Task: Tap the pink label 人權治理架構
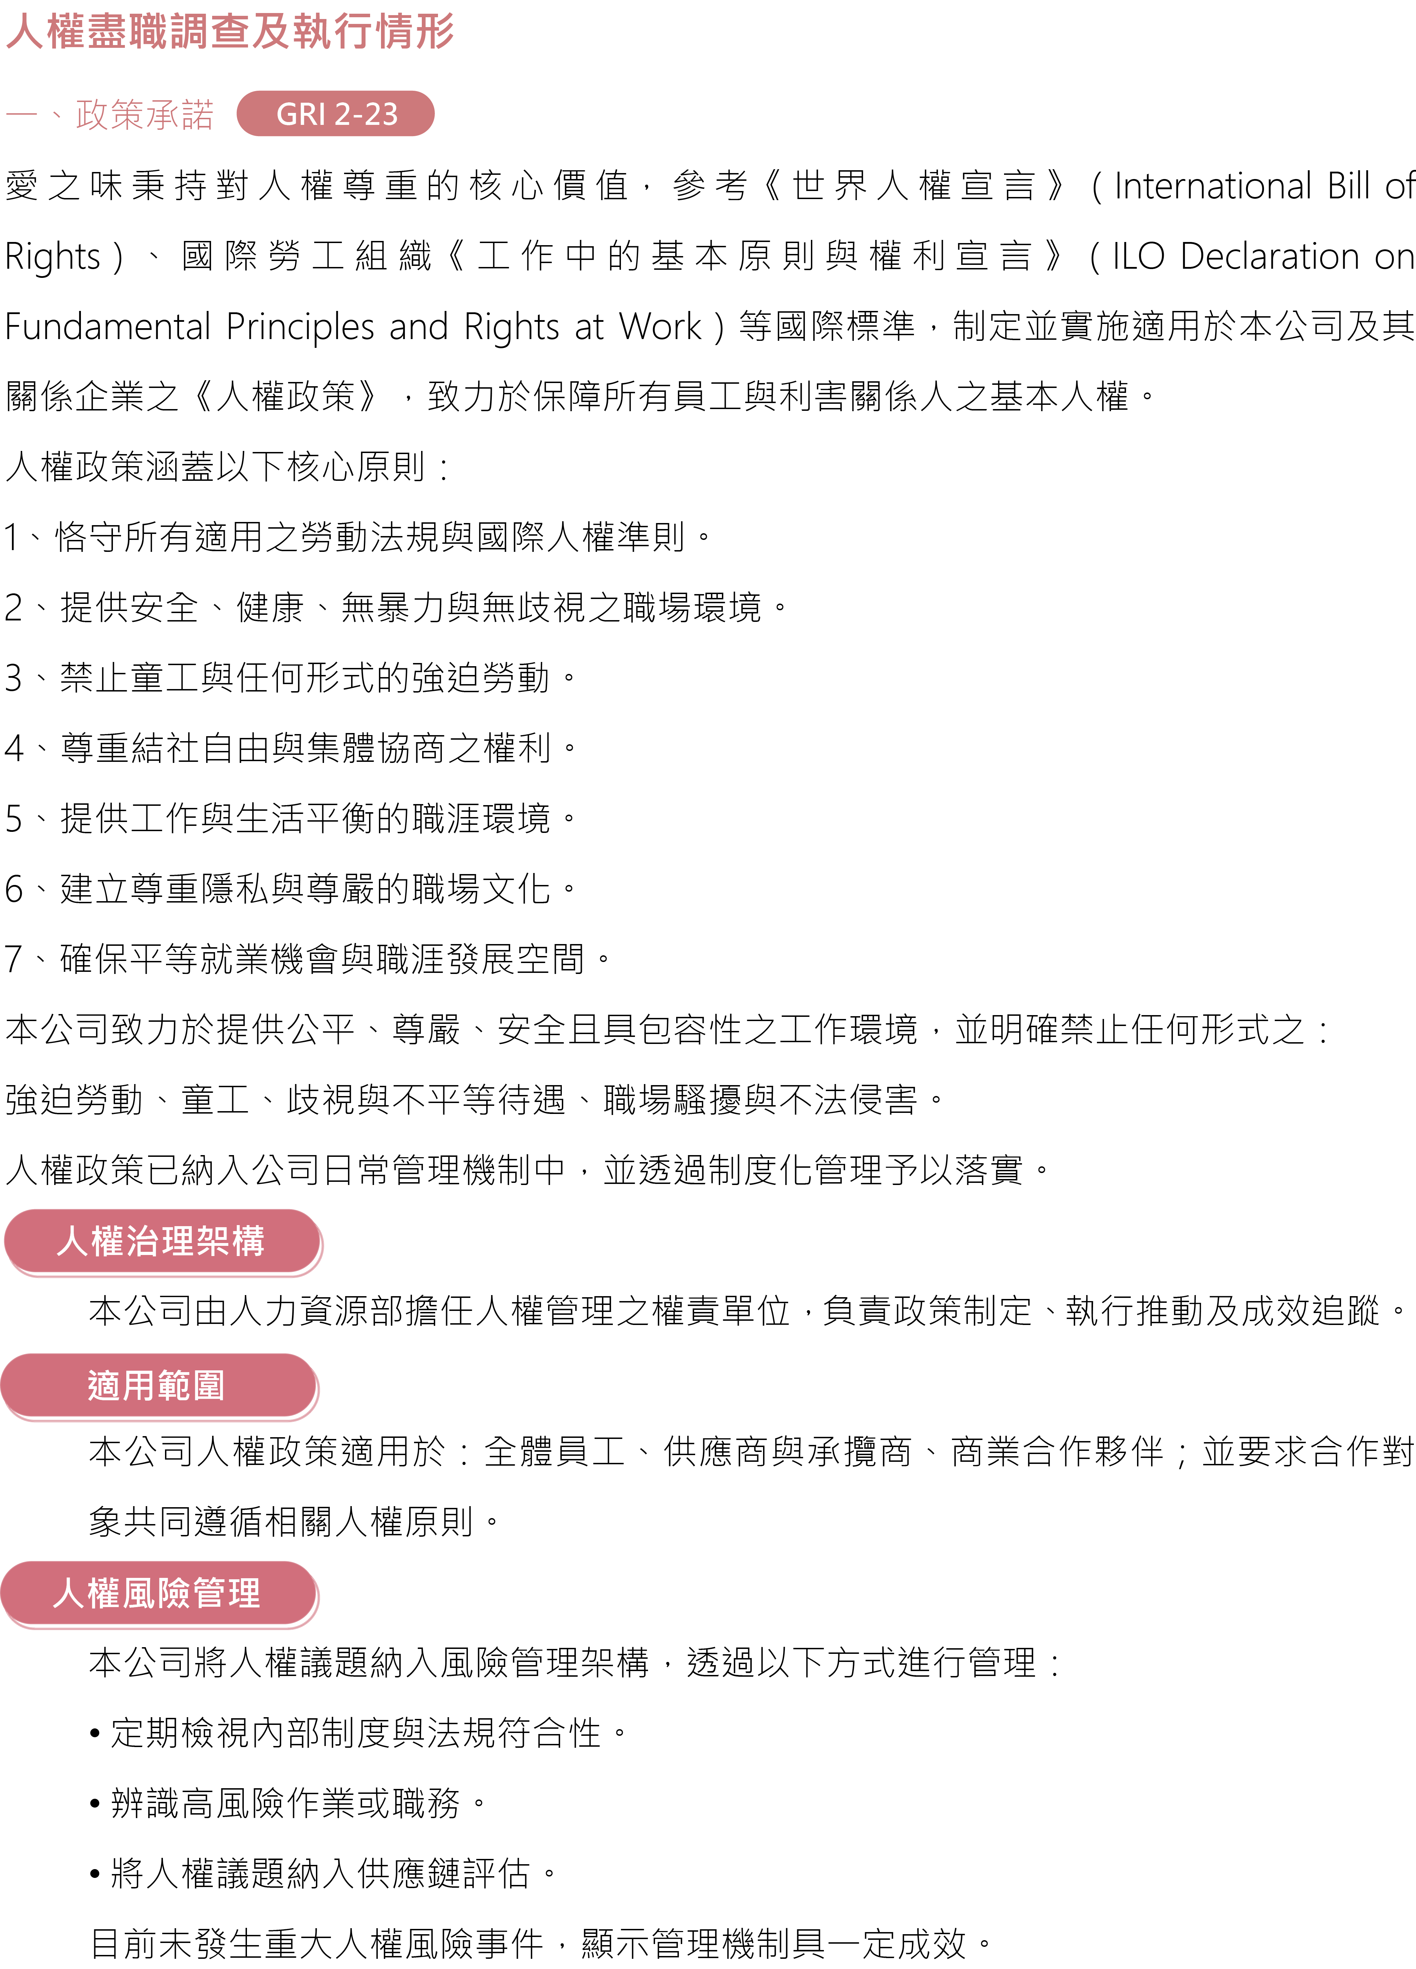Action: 161,1242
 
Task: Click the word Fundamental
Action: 108,326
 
